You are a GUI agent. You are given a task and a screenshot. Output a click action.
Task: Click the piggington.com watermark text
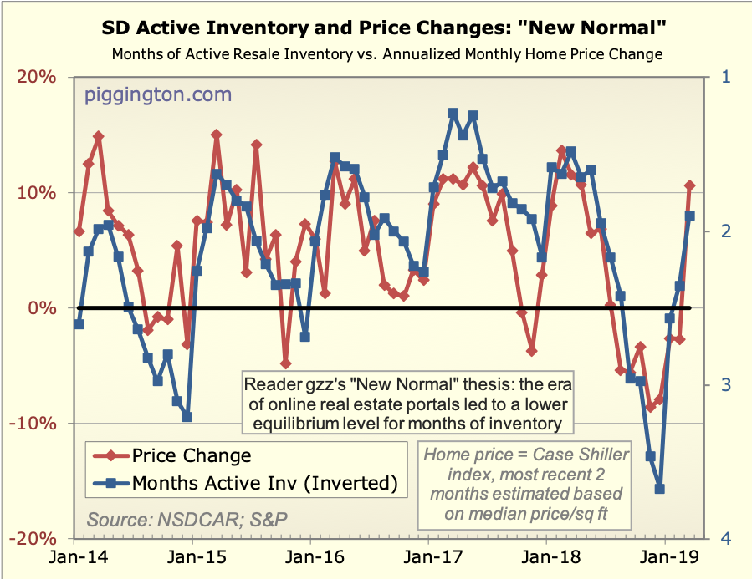(158, 94)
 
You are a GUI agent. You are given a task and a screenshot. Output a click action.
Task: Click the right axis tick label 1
(724, 77)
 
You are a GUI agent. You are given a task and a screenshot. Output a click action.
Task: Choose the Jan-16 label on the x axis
(309, 556)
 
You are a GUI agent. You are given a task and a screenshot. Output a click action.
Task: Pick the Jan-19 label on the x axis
(665, 556)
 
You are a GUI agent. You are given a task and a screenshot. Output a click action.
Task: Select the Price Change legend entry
(192, 455)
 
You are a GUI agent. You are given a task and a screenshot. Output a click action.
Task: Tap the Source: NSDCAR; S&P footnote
(187, 519)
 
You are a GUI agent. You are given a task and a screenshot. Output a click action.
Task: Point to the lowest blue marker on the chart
(659, 489)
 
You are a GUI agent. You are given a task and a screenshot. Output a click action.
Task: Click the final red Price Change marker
(690, 185)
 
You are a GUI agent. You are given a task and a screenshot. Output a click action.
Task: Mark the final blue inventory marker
(690, 216)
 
